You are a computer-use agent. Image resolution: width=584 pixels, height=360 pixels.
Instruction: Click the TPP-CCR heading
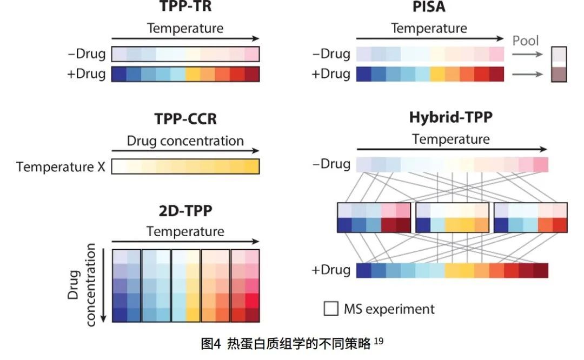tap(185, 119)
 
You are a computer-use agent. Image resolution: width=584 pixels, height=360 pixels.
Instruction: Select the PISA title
tap(429, 6)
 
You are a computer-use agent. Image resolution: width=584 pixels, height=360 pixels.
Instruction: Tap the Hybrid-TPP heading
tap(451, 117)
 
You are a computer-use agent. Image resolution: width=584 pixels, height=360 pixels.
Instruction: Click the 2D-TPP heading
tap(185, 210)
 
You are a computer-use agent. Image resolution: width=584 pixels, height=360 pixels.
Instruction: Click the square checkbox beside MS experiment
tap(331, 309)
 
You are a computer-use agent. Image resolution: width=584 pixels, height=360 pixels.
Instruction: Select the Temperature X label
tap(61, 166)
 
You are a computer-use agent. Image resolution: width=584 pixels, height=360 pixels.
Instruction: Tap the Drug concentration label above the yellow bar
tap(185, 141)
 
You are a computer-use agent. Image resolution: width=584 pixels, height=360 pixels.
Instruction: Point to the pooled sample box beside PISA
tap(559, 64)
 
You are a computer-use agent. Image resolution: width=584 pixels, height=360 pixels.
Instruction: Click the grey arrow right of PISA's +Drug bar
tap(525, 74)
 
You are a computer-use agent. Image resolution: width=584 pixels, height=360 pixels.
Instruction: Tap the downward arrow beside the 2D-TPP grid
tap(102, 285)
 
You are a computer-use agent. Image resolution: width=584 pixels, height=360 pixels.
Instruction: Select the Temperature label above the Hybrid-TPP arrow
tap(451, 139)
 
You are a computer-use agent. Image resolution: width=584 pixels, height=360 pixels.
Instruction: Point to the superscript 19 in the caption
tap(378, 341)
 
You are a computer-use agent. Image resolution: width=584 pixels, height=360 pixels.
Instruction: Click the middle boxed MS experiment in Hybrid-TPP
tap(452, 218)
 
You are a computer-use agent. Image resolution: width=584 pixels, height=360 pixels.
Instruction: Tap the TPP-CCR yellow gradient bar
tap(185, 166)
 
